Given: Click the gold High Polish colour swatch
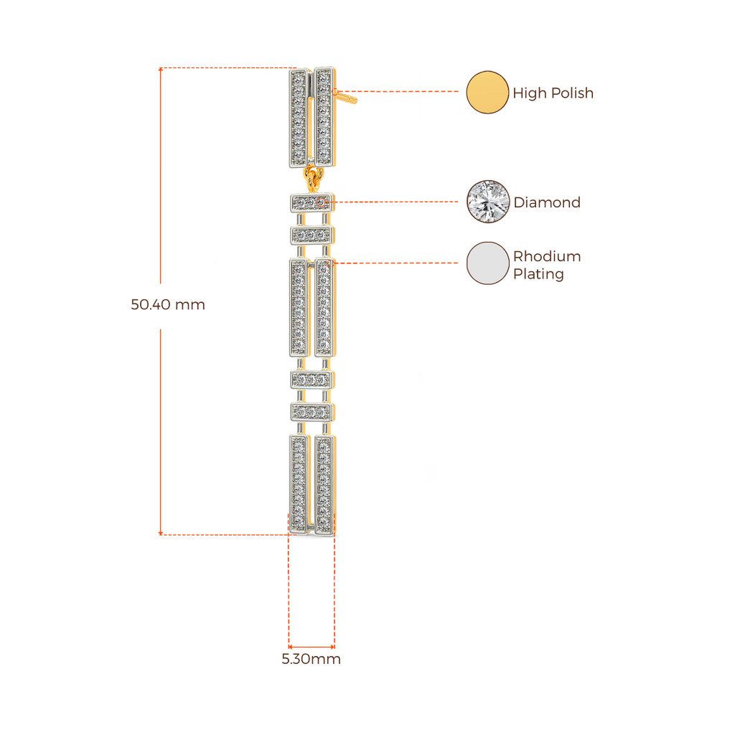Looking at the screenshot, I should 487,92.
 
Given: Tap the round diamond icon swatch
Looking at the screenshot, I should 487,202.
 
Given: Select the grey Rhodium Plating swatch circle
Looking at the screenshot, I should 487,263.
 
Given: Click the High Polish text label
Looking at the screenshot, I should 553,93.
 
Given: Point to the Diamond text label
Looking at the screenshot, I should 546,202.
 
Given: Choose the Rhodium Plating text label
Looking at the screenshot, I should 546,266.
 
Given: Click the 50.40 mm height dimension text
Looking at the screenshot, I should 168,304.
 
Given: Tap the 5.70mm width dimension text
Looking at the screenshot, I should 311,660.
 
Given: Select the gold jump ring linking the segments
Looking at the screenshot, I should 312,176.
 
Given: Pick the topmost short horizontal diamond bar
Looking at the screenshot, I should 312,202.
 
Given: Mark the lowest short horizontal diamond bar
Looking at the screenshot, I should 312,412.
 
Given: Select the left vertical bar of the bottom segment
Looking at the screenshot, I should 299,484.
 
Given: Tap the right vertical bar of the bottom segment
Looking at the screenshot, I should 324,484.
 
